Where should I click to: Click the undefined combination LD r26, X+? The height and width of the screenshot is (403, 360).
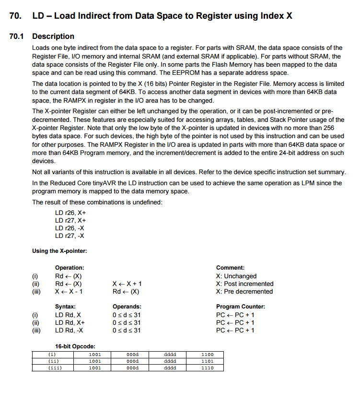tap(70, 213)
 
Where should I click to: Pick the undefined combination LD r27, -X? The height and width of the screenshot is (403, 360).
tap(70, 235)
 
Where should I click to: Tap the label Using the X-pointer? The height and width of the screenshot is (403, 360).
tap(59, 251)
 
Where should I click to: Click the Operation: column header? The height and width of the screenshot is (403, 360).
tap(70, 268)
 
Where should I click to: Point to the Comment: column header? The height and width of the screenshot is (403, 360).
tap(230, 268)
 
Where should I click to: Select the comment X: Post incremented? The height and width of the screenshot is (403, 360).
tap(244, 284)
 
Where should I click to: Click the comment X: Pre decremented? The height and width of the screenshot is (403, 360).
tap(244, 291)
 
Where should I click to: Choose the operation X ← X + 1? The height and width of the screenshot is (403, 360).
tap(127, 284)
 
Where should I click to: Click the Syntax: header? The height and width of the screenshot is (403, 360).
tap(65, 307)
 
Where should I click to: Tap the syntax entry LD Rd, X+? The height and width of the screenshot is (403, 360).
tap(70, 322)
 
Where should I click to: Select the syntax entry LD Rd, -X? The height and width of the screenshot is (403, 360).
tap(70, 330)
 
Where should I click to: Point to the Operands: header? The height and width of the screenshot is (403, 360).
tap(127, 307)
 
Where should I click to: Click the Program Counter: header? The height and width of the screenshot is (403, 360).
tap(241, 307)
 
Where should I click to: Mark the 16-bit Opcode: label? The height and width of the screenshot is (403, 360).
tap(75, 346)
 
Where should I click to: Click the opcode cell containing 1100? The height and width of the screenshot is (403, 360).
tap(207, 355)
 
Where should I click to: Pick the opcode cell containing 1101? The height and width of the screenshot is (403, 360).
tap(207, 361)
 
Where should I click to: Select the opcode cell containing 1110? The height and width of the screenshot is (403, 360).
tap(207, 368)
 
